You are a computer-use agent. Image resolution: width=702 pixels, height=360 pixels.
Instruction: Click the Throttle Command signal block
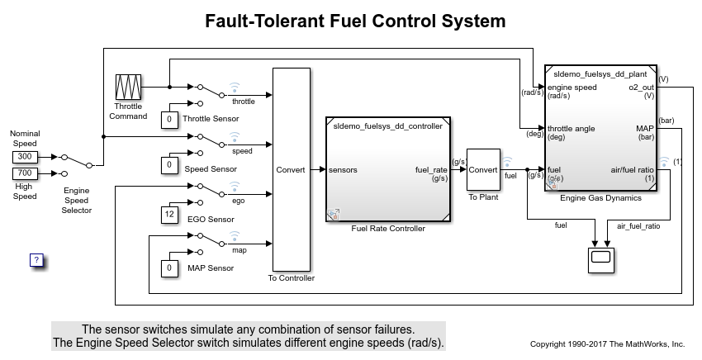128,87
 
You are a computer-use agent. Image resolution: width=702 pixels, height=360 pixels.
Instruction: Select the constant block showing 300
24,156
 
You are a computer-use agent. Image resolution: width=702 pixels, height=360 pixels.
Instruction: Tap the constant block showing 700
24,173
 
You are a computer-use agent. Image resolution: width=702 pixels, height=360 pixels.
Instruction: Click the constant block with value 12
169,215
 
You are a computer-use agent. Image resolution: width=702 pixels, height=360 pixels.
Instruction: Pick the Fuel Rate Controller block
387,169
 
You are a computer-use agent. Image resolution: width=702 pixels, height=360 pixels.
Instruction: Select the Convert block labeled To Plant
483,169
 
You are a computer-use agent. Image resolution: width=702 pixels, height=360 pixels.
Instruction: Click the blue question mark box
36,260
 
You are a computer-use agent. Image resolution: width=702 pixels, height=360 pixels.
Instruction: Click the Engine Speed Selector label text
78,200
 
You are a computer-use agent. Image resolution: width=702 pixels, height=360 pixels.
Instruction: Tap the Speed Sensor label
210,168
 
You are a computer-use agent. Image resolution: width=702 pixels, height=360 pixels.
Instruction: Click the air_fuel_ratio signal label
638,225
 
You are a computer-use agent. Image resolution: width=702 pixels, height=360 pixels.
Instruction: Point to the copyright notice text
607,343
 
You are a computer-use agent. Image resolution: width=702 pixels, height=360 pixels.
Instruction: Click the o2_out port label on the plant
641,87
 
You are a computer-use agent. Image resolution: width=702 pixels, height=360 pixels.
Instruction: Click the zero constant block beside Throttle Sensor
169,119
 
